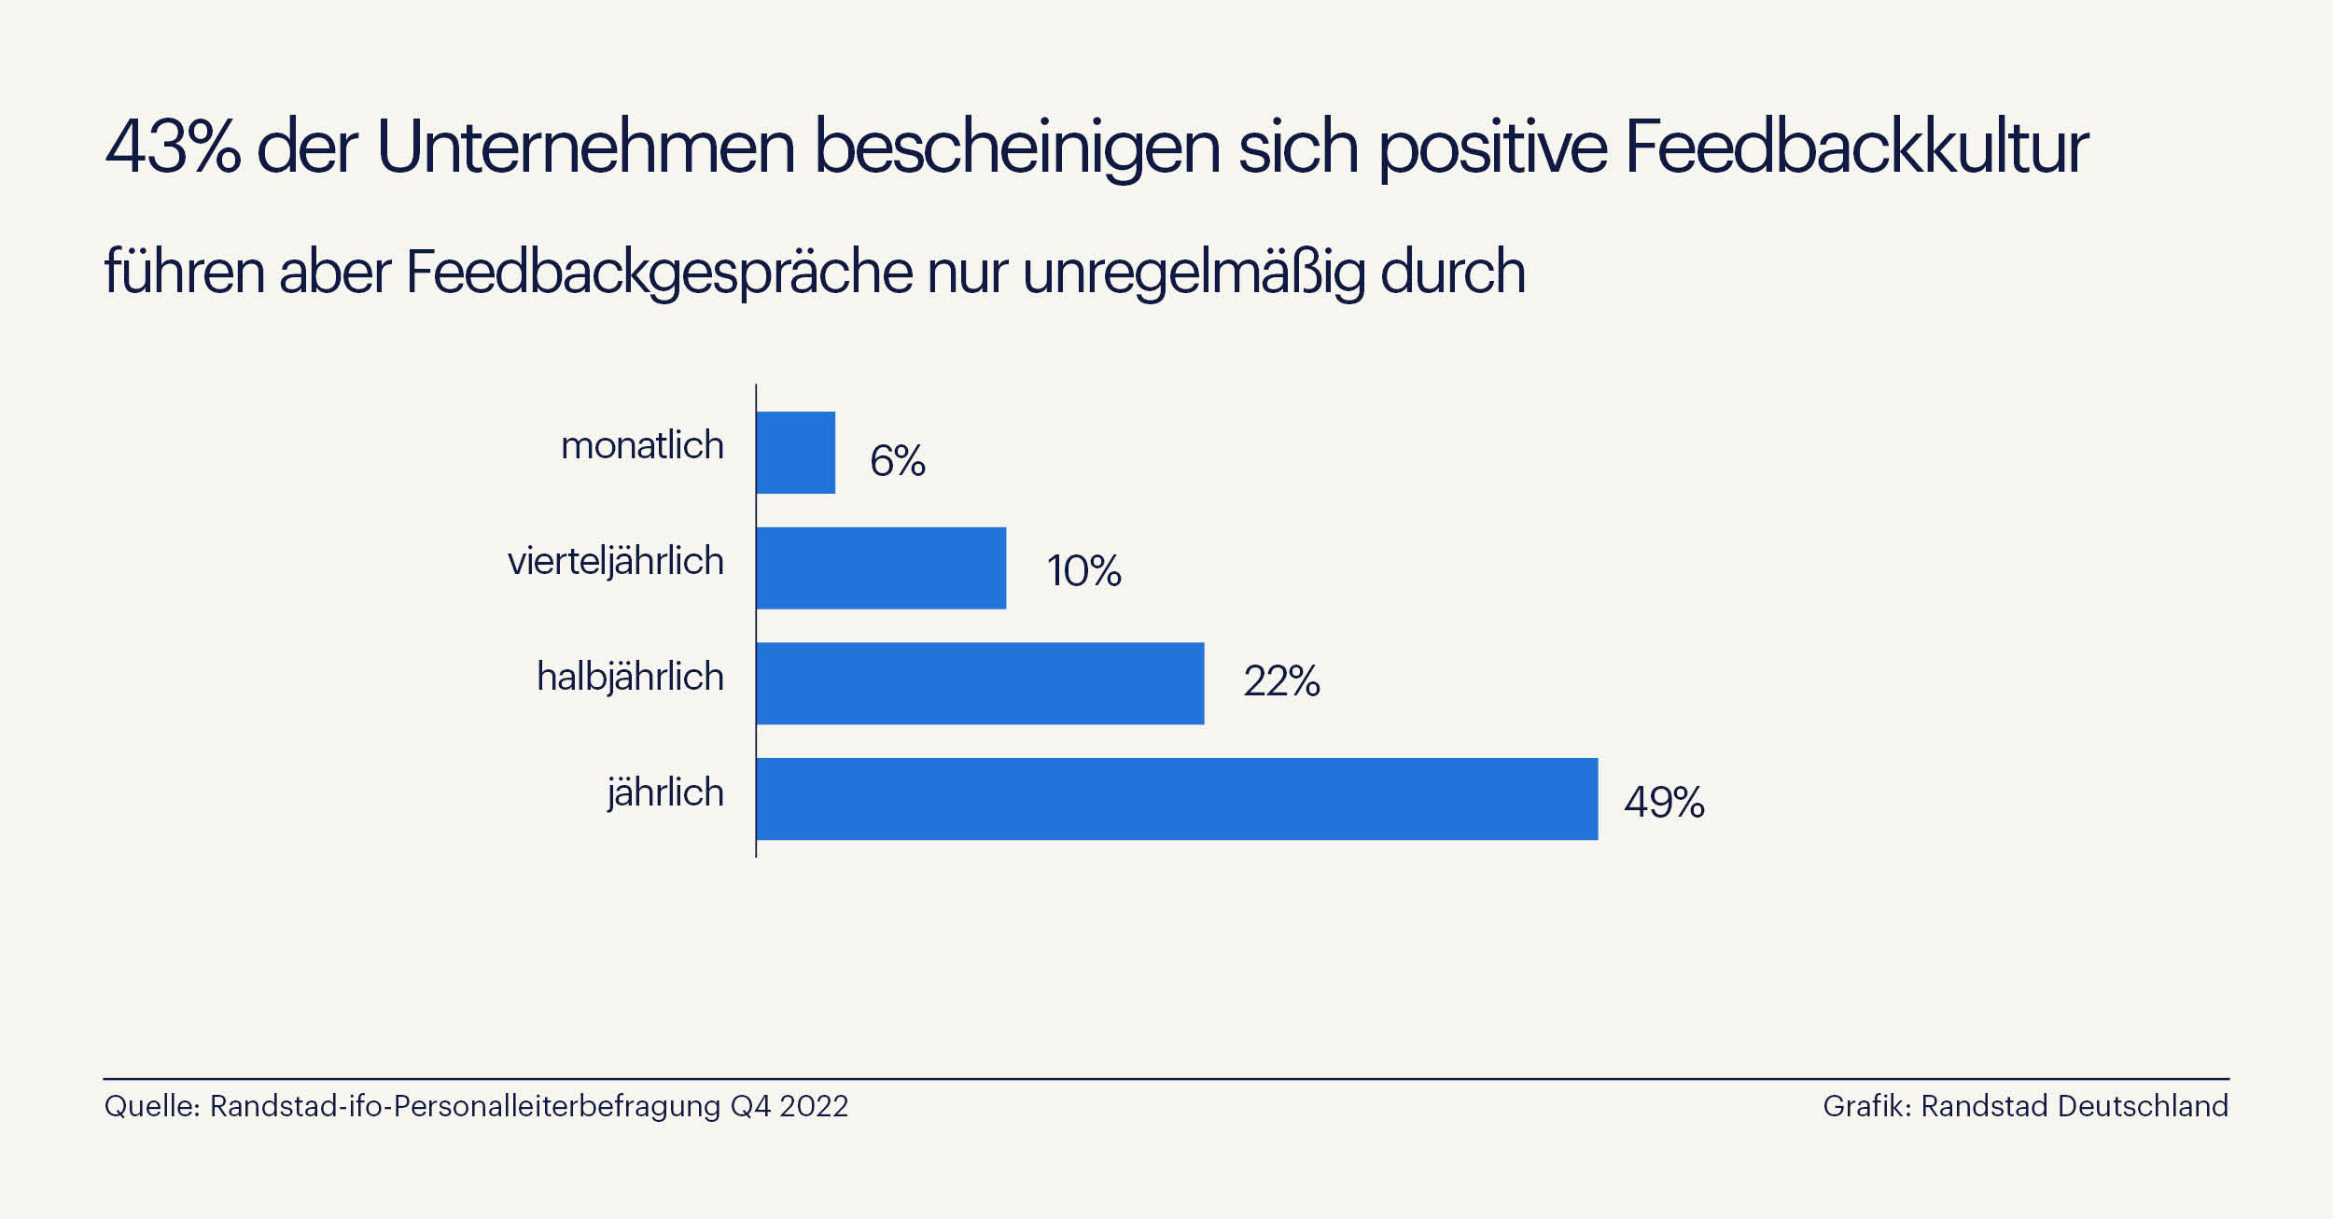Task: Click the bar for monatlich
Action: tap(795, 453)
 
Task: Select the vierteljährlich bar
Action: tap(881, 567)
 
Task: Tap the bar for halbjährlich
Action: tap(980, 683)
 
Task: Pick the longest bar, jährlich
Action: tap(1177, 799)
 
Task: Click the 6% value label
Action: tap(897, 461)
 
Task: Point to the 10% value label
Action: tap(1083, 570)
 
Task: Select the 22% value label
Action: tap(1281, 681)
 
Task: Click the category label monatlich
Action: tap(642, 446)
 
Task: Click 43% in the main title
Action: tap(173, 147)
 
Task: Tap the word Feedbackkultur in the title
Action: tap(1855, 147)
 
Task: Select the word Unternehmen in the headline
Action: tap(586, 147)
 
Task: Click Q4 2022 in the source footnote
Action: tap(789, 1106)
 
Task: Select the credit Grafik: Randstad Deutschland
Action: tap(2025, 1106)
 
